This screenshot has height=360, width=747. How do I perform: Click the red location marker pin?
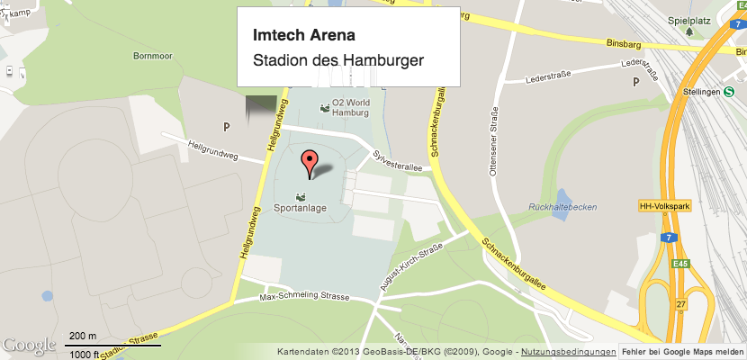click(x=310, y=164)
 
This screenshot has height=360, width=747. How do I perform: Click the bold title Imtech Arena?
click(x=303, y=37)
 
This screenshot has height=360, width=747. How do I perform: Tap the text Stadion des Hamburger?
click(x=337, y=61)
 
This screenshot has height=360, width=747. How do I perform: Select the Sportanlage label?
click(x=300, y=209)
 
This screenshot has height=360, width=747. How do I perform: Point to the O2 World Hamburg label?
click(x=350, y=108)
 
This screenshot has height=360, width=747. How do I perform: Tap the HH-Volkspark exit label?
click(x=663, y=206)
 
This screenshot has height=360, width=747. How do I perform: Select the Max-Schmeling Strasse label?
click(x=303, y=296)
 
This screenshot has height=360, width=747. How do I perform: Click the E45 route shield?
click(x=679, y=264)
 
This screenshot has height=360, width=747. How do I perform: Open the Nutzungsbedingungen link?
click(x=568, y=351)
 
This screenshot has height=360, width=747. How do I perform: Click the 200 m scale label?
click(x=83, y=336)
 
